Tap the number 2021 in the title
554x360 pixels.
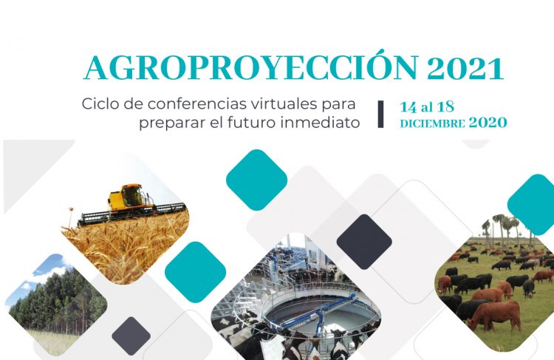[x=466, y=69]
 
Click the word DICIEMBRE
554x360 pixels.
[x=432, y=123]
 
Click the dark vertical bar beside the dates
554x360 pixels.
[x=380, y=113]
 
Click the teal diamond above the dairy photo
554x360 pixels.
[x=256, y=180]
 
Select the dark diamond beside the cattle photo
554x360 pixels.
[x=364, y=242]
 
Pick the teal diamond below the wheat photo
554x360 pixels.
[x=194, y=272]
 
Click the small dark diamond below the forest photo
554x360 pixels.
[x=132, y=335]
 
